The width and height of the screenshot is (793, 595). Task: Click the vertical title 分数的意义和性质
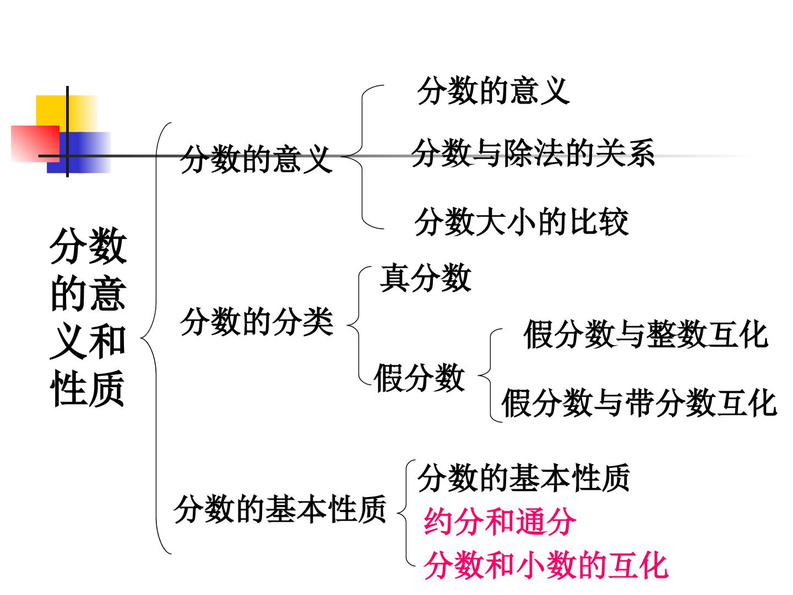coord(88,317)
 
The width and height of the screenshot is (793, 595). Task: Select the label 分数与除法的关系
coord(533,153)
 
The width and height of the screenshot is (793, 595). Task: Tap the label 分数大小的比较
coord(522,222)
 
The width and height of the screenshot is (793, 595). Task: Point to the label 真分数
coord(426,278)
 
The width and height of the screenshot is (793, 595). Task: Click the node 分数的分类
coord(257,322)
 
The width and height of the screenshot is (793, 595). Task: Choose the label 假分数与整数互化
coord(646,334)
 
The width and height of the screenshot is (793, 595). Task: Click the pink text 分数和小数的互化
coord(546,565)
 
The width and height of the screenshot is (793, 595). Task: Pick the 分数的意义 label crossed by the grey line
coord(256,159)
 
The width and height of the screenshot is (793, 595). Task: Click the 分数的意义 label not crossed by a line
coord(493,91)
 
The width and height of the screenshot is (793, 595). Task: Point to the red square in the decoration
coord(35,144)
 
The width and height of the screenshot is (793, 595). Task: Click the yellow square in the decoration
coord(67,113)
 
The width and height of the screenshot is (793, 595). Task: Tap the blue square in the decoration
coord(79,153)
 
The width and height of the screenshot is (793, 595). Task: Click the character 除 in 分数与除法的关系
coord(518,153)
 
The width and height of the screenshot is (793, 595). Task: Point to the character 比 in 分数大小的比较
coord(583,222)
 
